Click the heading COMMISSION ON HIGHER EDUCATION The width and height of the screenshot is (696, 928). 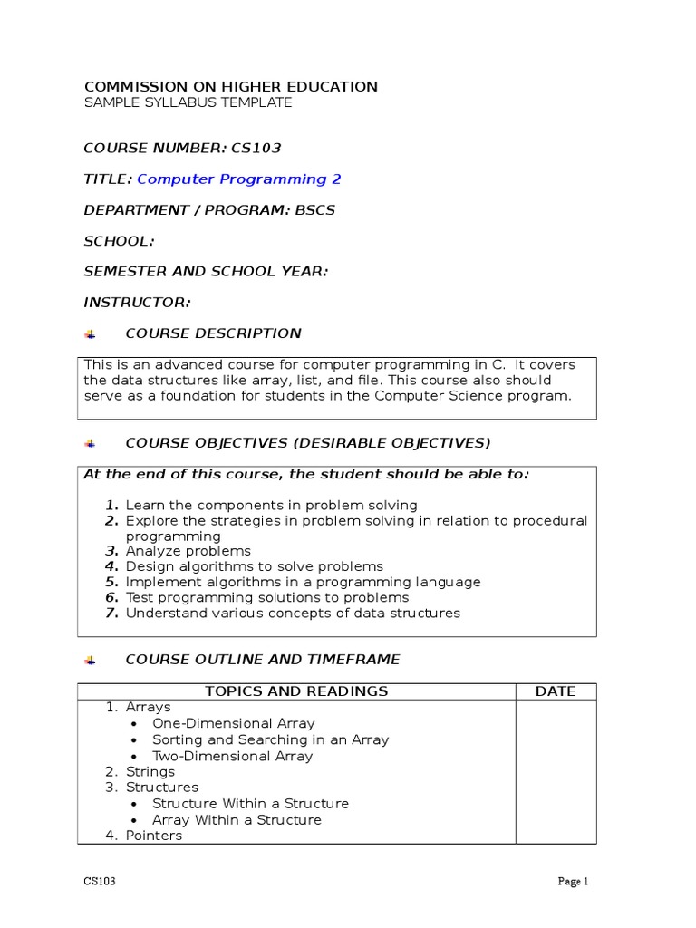point(230,87)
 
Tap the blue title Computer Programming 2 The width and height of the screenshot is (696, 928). point(238,179)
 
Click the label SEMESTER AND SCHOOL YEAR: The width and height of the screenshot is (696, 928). point(206,271)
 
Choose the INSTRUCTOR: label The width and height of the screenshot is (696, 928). point(137,302)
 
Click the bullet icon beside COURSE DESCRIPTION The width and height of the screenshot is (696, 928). point(90,334)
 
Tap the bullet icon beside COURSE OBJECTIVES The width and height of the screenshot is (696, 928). point(90,443)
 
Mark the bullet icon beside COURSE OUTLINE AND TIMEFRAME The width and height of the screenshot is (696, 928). point(90,660)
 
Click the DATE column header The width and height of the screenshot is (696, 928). point(556,691)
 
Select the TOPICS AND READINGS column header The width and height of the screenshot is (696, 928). point(296,691)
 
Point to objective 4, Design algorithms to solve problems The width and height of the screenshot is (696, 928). point(254,566)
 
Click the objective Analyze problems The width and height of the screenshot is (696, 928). point(188,551)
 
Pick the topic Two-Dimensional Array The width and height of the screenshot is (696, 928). point(232,756)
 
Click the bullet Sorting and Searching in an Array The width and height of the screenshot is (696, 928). point(270,739)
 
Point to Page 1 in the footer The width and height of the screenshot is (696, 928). point(573,881)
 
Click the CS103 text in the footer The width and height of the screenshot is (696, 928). point(99,881)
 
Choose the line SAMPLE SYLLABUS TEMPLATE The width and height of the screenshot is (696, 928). point(188,103)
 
